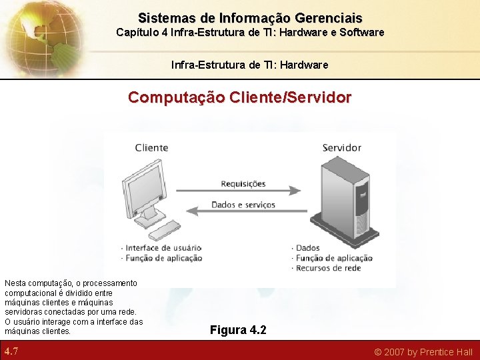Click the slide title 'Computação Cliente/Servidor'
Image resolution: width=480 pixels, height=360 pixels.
click(239, 97)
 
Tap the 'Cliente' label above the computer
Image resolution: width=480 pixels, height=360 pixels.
click(151, 147)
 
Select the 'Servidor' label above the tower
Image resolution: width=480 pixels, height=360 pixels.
click(341, 147)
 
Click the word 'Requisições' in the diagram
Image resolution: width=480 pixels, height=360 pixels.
click(243, 183)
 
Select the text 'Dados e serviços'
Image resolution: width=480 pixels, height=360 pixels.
click(243, 205)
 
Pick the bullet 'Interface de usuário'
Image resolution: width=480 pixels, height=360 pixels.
click(163, 248)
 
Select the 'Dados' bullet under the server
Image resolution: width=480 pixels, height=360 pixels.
click(307, 248)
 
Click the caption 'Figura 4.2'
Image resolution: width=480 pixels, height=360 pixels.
click(238, 330)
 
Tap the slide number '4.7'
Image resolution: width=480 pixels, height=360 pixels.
click(11, 351)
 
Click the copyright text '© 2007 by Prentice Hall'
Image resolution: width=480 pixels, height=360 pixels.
click(423, 352)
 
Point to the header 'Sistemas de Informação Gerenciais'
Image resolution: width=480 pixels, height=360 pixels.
click(250, 18)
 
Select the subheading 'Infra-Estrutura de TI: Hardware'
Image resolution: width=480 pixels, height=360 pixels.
click(250, 65)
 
